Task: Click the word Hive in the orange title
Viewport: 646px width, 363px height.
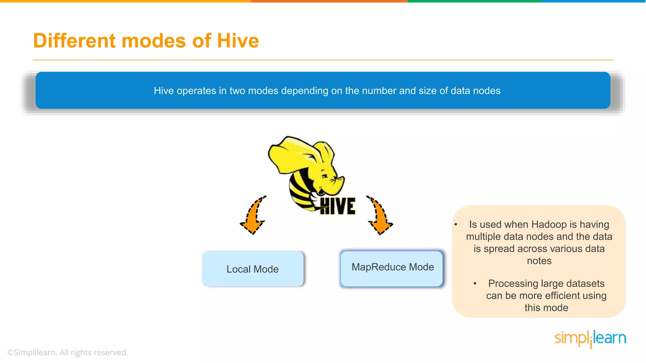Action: point(238,41)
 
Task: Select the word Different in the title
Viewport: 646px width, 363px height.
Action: point(74,41)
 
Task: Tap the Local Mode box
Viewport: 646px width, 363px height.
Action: point(253,269)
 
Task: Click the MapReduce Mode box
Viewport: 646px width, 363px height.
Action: point(392,268)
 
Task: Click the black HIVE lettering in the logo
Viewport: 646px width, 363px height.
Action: point(338,206)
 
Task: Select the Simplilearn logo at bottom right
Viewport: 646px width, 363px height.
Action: point(590,338)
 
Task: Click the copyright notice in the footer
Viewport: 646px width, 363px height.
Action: point(68,352)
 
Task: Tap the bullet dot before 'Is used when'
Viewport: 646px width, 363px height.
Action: point(456,224)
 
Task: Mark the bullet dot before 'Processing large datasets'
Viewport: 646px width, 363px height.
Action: point(475,284)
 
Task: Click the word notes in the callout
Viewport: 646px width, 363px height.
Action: point(539,261)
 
